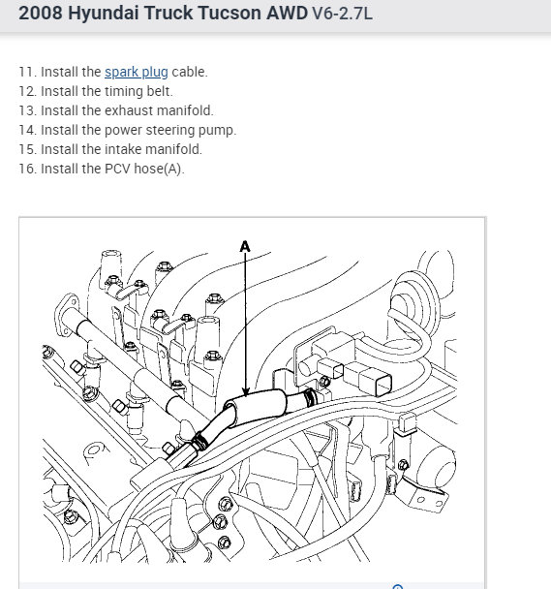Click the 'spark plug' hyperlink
137,72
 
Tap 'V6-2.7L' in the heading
343,14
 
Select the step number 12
27,91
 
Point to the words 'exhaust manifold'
159,110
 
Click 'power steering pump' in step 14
170,131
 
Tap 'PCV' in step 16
117,169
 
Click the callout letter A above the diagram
245,247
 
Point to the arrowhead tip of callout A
245,396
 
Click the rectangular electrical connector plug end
376,381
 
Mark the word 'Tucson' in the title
230,14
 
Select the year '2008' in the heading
41,14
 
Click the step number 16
27,169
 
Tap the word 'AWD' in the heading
288,14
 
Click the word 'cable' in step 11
190,72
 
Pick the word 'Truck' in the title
168,14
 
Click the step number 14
27,131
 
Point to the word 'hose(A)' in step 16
159,169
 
